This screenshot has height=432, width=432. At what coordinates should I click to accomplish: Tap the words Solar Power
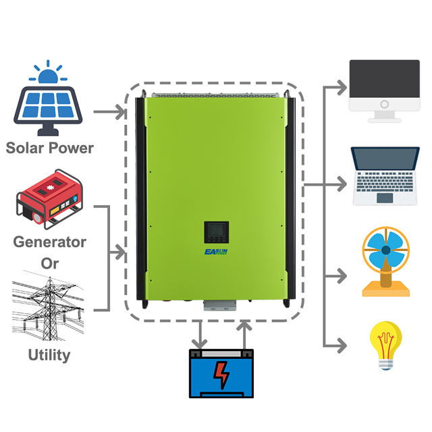[x=50, y=147]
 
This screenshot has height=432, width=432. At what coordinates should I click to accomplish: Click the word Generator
[x=50, y=241]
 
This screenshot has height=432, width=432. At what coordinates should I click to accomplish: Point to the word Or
[x=50, y=263]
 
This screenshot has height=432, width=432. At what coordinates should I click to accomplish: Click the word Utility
[x=50, y=354]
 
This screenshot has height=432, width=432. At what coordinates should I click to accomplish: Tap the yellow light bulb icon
[x=385, y=345]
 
